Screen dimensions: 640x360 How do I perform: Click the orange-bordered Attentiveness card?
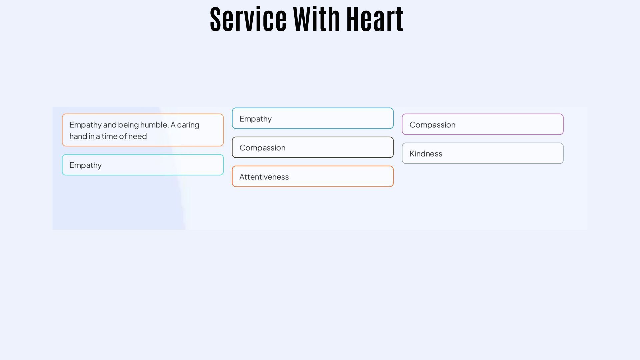313,176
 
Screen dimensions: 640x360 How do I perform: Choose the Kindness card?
483,153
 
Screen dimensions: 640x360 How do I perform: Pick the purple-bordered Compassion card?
483,124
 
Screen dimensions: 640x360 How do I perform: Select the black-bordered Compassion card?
313,147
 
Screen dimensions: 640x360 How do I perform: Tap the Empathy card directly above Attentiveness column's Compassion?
313,118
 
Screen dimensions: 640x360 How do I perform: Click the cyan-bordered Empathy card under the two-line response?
143,165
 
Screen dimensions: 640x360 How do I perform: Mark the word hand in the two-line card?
78,136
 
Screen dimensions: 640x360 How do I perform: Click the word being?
128,125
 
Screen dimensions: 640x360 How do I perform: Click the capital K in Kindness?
412,154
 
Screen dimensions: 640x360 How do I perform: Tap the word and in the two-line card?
110,125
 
